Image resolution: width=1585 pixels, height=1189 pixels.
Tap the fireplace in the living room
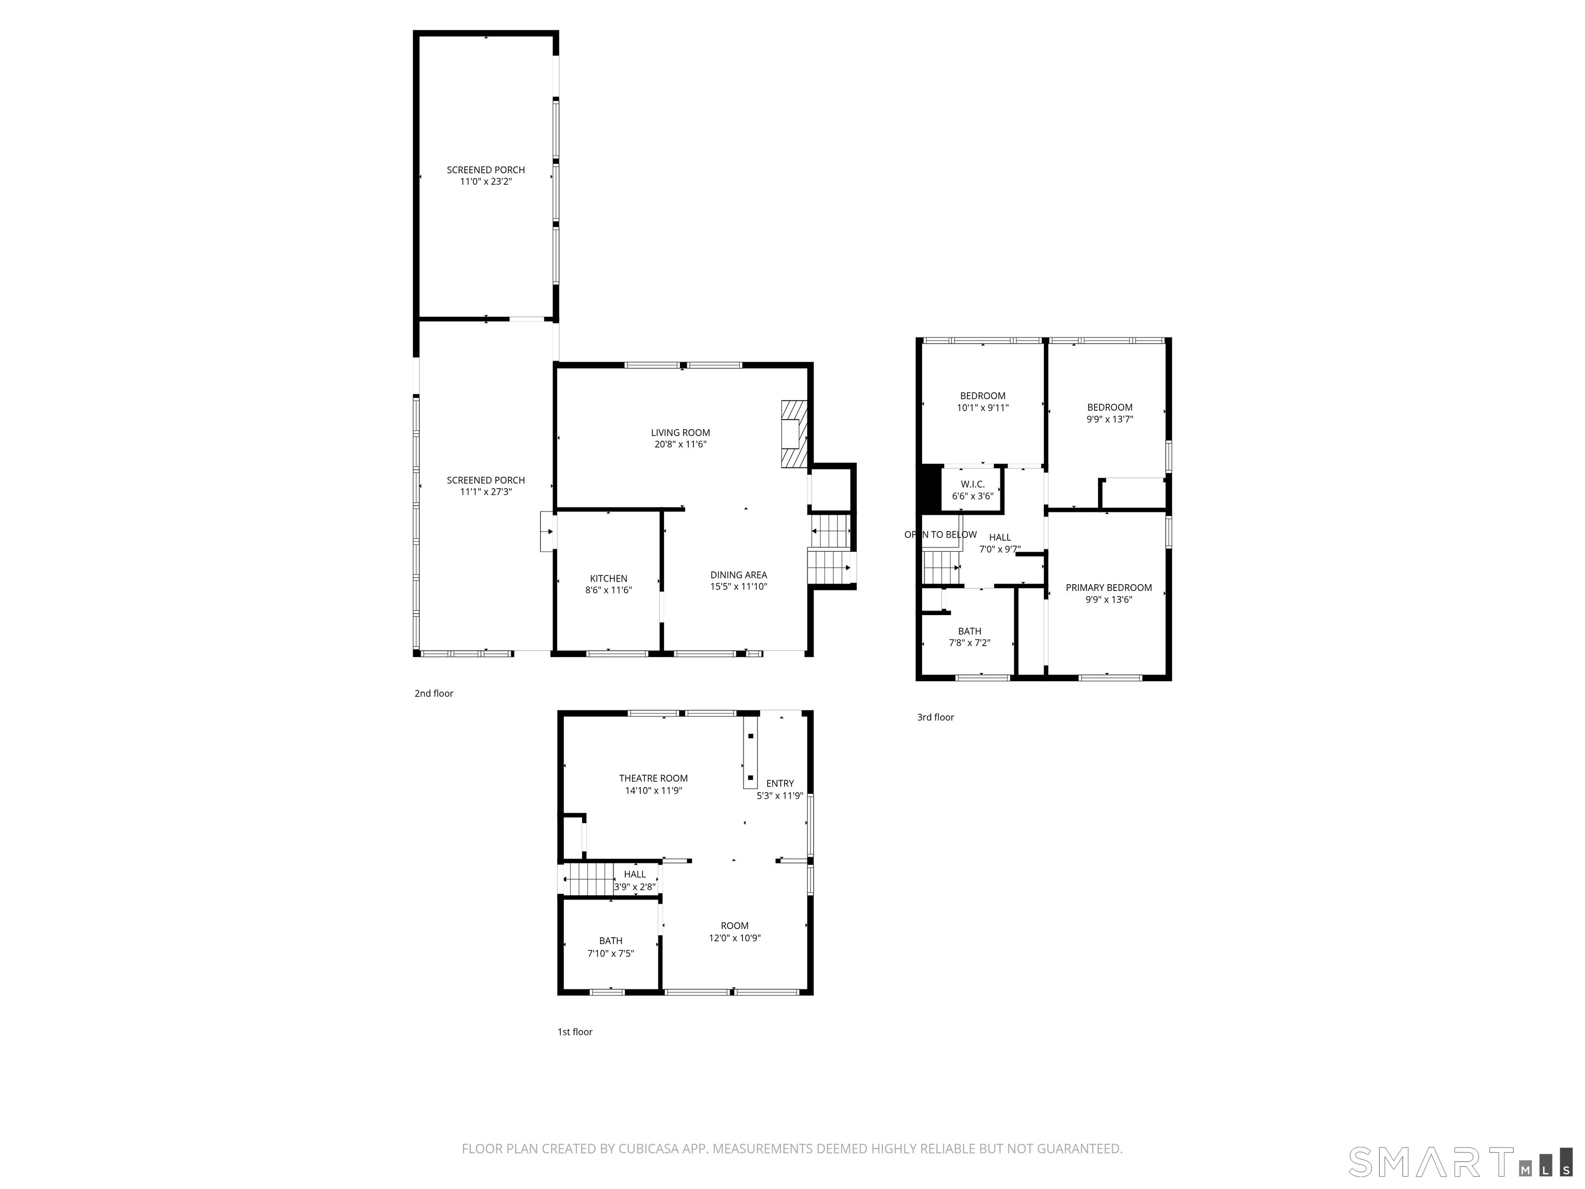(793, 435)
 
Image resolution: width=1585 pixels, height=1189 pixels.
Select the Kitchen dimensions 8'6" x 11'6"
(608, 590)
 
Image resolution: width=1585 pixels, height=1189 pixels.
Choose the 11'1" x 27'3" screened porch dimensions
(486, 492)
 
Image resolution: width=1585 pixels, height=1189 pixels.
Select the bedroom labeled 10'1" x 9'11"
(982, 401)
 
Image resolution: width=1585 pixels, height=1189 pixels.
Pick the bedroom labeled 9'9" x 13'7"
(1109, 413)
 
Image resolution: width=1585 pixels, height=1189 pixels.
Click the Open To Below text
(940, 535)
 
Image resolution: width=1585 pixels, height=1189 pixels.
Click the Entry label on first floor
(780, 783)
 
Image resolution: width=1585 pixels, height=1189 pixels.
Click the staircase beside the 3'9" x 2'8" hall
(588, 879)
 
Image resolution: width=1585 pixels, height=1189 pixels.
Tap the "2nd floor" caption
(433, 694)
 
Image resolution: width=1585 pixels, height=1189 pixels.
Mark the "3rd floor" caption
(935, 717)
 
